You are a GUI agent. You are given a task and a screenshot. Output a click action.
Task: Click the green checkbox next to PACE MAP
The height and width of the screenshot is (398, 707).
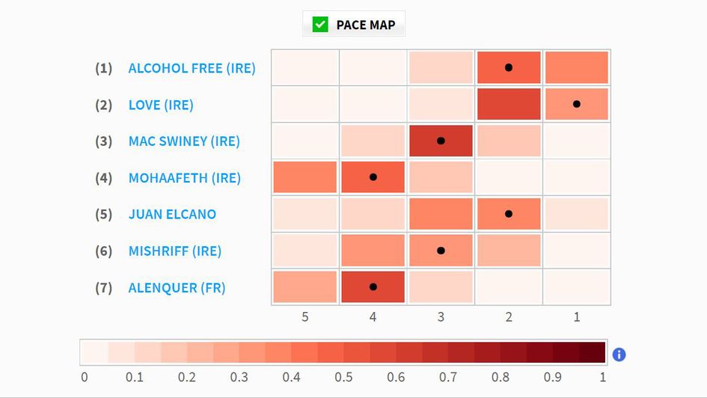(x=320, y=25)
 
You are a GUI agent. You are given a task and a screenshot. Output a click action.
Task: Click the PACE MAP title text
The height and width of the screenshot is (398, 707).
(x=366, y=25)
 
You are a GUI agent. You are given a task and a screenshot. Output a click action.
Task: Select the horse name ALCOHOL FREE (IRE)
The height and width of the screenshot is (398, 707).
(x=192, y=68)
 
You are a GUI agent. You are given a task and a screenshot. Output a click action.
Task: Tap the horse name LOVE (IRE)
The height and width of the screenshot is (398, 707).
(x=161, y=105)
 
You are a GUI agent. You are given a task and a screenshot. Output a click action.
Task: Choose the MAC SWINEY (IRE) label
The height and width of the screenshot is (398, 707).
(x=184, y=141)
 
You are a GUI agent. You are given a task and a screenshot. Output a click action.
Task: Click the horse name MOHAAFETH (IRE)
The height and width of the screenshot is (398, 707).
(x=185, y=178)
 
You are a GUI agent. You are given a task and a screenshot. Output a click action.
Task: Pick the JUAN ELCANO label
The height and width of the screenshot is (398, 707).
(x=172, y=214)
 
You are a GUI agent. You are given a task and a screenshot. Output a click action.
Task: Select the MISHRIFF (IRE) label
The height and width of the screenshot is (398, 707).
(x=175, y=251)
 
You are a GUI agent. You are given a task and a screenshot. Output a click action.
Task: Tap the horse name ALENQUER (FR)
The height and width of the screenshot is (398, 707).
(x=177, y=287)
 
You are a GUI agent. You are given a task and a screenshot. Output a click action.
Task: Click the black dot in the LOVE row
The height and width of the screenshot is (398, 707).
(x=576, y=104)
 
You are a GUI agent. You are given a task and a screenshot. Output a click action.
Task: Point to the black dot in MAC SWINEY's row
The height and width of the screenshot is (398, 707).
(x=441, y=141)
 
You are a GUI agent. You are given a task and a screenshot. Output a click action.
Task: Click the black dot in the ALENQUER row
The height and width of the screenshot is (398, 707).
(x=373, y=287)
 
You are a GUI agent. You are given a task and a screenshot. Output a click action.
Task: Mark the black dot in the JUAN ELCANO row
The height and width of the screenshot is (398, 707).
(x=509, y=214)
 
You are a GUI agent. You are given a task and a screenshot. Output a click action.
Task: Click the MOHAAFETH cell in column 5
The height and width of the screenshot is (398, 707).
(x=304, y=177)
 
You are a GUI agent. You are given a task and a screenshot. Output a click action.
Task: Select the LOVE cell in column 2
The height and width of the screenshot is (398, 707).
(x=509, y=104)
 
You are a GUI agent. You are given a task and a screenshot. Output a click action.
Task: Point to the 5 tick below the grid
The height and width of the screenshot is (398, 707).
(x=304, y=317)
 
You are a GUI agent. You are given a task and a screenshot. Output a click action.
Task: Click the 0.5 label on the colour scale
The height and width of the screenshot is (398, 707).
(x=343, y=376)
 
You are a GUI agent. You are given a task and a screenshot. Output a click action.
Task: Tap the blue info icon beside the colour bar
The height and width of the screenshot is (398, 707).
(x=619, y=354)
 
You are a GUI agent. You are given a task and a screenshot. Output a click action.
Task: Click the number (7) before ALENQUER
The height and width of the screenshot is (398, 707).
(x=103, y=287)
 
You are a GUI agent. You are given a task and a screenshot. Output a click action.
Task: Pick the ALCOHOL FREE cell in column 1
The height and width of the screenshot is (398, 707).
(x=576, y=68)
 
